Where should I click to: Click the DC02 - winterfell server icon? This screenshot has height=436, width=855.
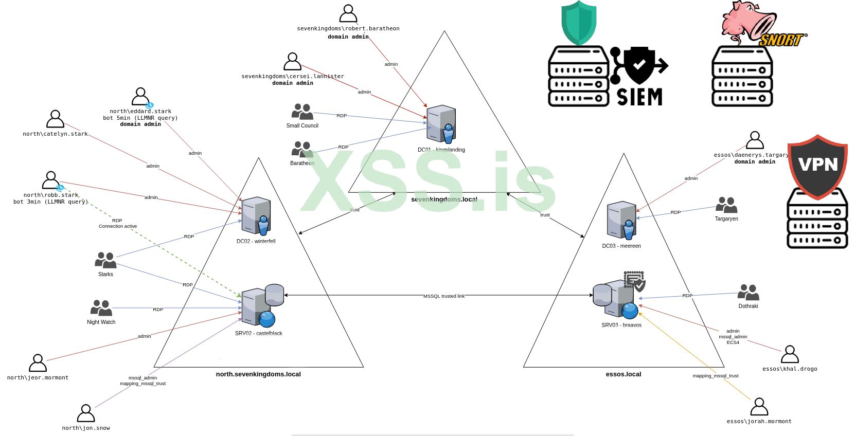click(256, 215)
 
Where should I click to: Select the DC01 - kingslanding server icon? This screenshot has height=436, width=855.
click(441, 124)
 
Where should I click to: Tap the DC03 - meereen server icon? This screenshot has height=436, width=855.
click(621, 220)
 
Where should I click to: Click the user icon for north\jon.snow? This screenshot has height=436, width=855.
click(86, 413)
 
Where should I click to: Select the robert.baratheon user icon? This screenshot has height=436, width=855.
click(348, 14)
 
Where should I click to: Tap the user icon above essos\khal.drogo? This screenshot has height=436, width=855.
click(790, 354)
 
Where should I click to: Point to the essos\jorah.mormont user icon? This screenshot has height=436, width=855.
click(759, 407)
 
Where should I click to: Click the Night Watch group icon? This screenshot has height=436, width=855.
click(101, 308)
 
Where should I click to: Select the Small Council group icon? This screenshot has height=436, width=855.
click(302, 112)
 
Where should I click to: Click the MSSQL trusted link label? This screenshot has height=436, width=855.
click(443, 296)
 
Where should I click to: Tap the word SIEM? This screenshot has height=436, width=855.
click(639, 97)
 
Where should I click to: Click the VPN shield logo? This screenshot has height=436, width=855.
click(817, 166)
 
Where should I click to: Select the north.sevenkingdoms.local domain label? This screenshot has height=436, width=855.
click(258, 374)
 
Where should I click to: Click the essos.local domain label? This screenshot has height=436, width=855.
click(624, 374)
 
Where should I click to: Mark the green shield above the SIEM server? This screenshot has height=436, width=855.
click(579, 23)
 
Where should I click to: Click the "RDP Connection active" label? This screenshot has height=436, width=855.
click(118, 223)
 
